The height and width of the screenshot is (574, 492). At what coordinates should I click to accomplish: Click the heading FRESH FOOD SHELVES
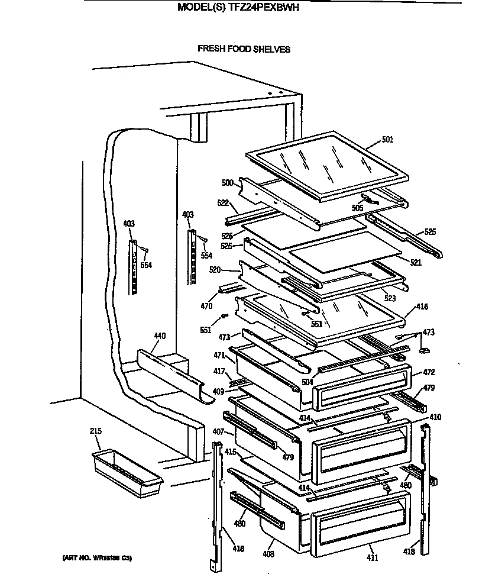click(244, 49)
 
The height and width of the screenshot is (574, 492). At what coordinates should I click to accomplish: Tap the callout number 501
click(387, 140)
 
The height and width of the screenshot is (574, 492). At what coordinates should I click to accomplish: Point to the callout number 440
click(159, 336)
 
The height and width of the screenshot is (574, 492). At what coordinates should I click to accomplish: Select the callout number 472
click(429, 373)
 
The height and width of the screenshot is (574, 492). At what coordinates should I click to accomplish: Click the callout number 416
click(422, 307)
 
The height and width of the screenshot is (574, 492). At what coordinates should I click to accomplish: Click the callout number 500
click(228, 183)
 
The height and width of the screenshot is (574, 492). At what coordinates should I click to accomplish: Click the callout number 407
click(218, 431)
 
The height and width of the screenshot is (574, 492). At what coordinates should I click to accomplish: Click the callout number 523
click(390, 299)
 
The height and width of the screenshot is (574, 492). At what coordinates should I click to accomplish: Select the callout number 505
click(357, 208)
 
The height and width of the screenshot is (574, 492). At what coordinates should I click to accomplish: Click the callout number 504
click(307, 383)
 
